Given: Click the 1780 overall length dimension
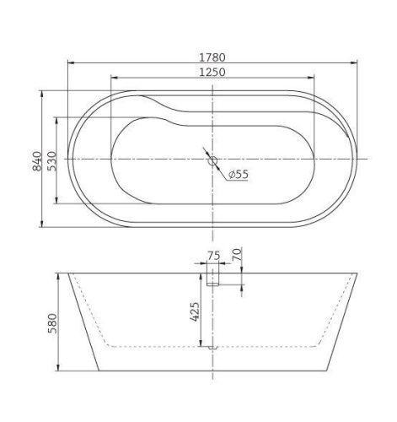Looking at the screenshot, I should coord(213,56).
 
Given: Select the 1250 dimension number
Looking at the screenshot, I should coord(213,72).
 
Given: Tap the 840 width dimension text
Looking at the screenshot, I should coord(35,159).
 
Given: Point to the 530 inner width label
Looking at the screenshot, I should coord(50,159).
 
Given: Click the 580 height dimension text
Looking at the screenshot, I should coord(50,323).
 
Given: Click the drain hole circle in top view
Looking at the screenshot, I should coord(212,160).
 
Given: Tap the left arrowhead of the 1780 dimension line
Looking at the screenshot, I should coord(70,62).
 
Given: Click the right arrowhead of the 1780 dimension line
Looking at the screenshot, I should coord(354,62).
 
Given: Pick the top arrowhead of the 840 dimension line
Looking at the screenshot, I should coord(42,92).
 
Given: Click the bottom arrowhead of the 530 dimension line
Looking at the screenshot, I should coord(56,202).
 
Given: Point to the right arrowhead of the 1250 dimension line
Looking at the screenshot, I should coord(313,79).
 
